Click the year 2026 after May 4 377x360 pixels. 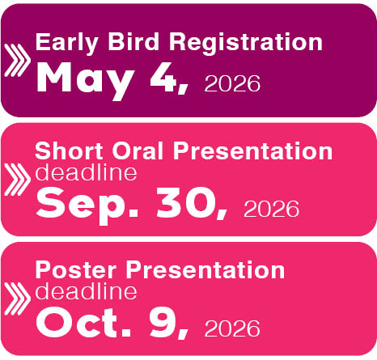tap(232, 83)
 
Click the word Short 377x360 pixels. tap(69, 151)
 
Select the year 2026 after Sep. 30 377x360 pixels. tap(271, 209)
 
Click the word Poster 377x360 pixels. tap(75, 270)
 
